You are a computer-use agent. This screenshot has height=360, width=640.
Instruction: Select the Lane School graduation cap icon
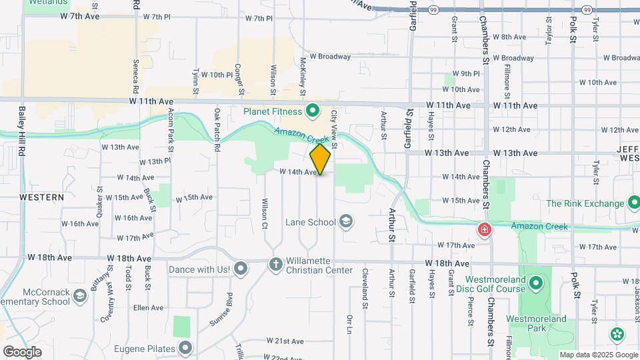click(x=346, y=221)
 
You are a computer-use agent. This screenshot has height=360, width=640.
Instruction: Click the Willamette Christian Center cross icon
click(x=275, y=265)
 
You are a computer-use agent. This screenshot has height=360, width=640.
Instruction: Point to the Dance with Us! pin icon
click(x=241, y=269)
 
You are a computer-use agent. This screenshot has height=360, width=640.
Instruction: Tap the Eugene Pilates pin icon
click(x=186, y=348)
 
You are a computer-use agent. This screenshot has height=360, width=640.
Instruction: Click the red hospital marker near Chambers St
click(x=484, y=230)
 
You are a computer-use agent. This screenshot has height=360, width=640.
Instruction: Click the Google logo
click(x=22, y=352)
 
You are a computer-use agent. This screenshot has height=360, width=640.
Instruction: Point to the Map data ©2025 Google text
click(x=598, y=355)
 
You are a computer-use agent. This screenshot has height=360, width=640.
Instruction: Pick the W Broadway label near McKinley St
click(x=330, y=57)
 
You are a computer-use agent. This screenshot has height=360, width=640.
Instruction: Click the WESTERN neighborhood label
click(x=42, y=197)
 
